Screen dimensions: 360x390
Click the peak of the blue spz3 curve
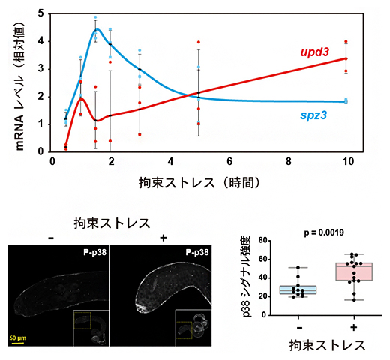click(x=97, y=30)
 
